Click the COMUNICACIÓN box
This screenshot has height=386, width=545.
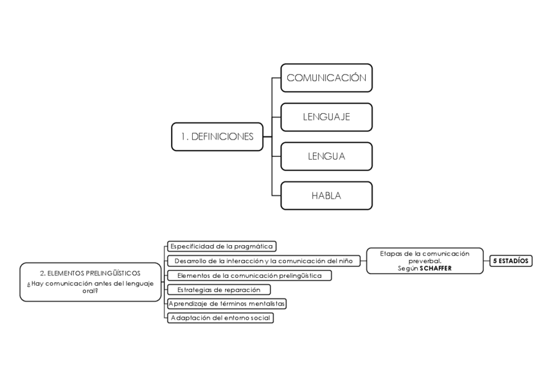326,78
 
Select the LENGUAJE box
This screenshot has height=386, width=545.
326,117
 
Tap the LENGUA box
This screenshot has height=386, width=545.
326,156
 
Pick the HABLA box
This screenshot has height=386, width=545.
326,196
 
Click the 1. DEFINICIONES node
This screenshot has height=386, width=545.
217,136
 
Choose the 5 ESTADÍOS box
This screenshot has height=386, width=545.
511,261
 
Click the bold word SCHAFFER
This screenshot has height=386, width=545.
440,269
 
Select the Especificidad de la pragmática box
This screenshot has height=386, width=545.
222,246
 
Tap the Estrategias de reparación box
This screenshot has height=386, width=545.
219,289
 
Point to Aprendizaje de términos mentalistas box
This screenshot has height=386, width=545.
227,303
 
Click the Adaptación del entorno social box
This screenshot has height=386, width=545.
220,318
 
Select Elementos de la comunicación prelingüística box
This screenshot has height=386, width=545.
249,275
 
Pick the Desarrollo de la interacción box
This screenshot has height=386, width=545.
264,261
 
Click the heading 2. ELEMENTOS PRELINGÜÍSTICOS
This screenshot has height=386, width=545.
90,273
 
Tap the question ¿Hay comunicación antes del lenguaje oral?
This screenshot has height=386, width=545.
90,287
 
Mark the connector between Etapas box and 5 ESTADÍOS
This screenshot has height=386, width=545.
487,261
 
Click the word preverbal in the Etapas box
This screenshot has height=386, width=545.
425,261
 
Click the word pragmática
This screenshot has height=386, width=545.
253,246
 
